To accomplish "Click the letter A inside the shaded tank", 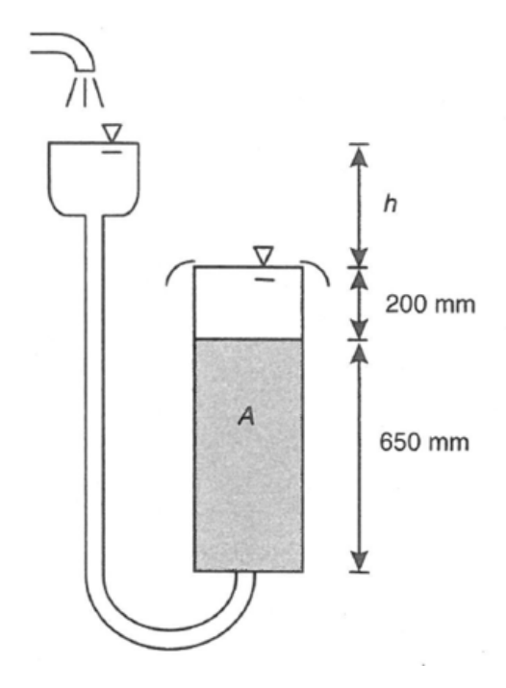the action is pos(246,415).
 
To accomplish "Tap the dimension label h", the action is pos(390,203).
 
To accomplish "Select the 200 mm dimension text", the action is pos(430,304).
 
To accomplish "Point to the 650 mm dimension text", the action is pos(424,441).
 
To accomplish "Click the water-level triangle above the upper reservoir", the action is pos(112,133).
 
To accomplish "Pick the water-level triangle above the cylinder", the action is pos(264,256).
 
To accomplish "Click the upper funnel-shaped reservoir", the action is pos(94,179).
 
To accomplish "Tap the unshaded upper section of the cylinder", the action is pos(248,303).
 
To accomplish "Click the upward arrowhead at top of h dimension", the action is pos(359,155).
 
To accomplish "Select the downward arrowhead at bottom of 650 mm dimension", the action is pos(359,561).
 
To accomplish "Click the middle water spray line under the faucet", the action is pos(85,91).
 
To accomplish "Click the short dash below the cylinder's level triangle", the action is pos(264,279).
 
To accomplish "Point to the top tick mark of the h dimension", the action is pos(359,143).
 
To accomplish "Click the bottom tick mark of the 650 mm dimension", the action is pos(359,572).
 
